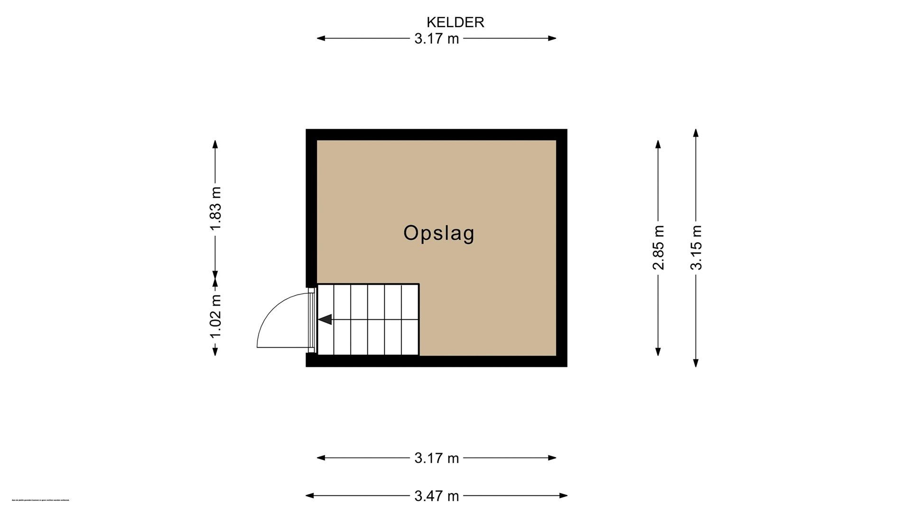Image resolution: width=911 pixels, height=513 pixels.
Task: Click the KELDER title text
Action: (455, 22)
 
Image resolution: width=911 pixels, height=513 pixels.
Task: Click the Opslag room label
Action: (439, 233)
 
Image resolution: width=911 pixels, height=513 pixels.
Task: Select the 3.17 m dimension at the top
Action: (437, 38)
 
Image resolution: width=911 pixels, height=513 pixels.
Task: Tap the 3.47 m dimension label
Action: (437, 496)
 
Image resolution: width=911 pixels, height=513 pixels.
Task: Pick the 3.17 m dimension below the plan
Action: (437, 458)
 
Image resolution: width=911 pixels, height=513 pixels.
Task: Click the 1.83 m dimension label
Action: (215, 209)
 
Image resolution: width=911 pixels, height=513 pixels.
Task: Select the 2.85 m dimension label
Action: (658, 247)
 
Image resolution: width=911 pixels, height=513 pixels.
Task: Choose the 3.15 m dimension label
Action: (696, 247)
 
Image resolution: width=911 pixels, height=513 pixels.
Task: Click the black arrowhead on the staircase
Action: (325, 320)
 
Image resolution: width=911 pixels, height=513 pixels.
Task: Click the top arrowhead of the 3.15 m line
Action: (696, 133)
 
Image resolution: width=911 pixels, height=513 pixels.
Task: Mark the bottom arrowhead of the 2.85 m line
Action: (658, 351)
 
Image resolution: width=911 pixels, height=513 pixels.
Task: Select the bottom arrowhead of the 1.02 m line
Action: (215, 351)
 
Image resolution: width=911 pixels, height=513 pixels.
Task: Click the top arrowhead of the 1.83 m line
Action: (215, 144)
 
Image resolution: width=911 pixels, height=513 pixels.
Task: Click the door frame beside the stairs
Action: (311, 320)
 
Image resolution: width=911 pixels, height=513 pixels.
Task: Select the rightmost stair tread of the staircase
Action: (410, 320)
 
